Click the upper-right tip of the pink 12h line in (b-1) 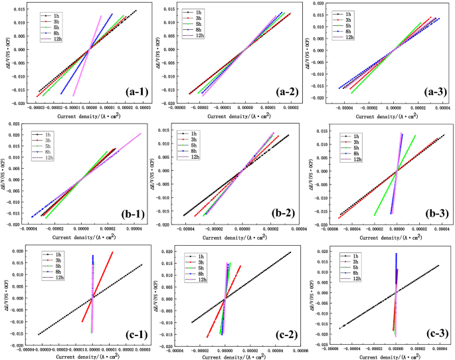[x=141, y=134]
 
